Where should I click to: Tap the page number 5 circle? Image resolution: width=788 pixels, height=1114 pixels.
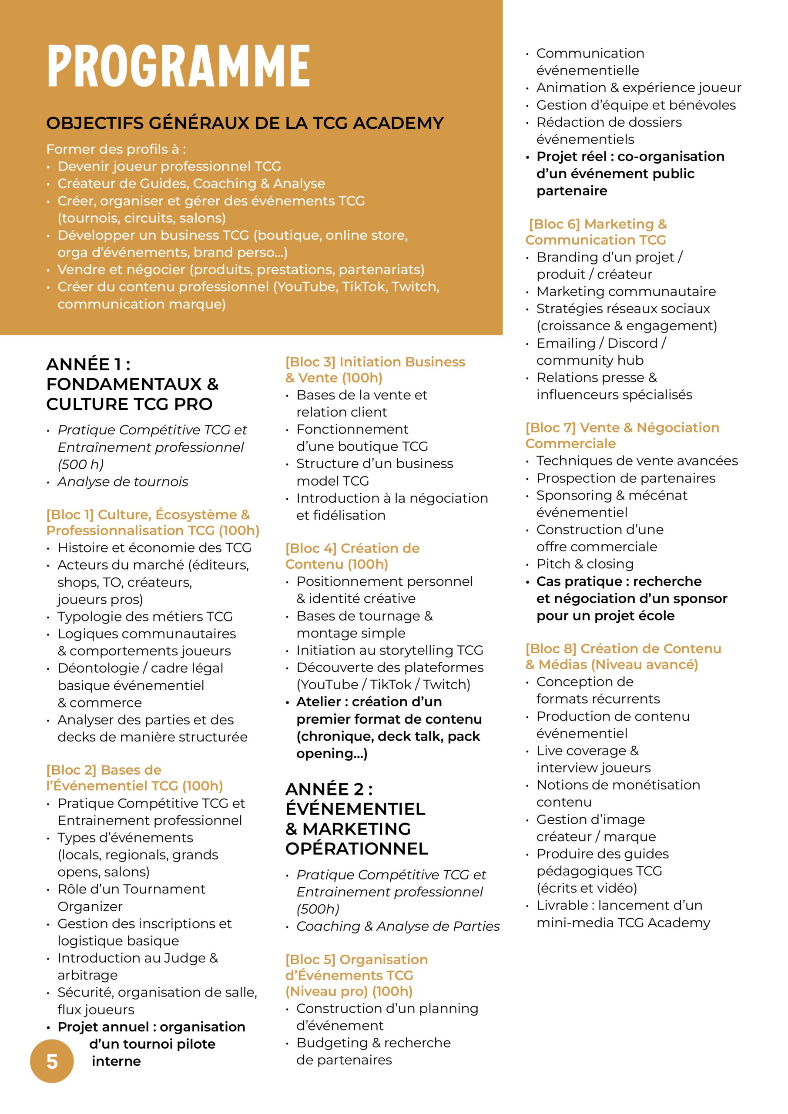pos(52,1061)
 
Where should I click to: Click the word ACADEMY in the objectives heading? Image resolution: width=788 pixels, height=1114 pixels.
pos(398,123)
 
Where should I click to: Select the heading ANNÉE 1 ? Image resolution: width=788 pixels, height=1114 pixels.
pos(88,364)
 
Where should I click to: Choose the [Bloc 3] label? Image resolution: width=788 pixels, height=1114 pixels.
pos(310,362)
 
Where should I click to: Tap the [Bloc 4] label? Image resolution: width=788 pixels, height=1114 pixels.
pos(311,548)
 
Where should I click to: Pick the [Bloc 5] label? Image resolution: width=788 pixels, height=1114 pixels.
pos(310,959)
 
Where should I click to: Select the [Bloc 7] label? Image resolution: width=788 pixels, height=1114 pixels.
pos(550,428)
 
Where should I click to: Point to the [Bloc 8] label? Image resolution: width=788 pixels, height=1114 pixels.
pos(551,649)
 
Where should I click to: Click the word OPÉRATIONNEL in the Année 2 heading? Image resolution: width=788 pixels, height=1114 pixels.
pos(357,849)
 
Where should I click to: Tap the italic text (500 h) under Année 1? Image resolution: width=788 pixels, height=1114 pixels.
pos(80,464)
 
